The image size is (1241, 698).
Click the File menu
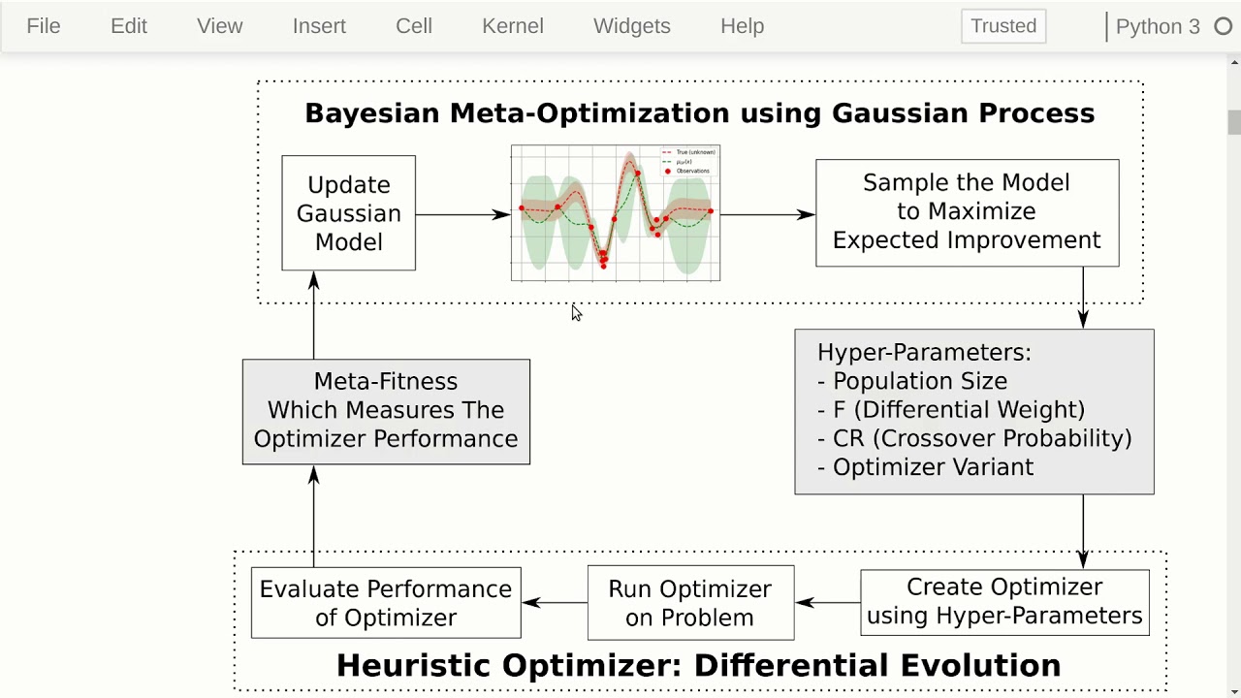pyautogui.click(x=44, y=26)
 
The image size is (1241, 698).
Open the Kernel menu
pyautogui.click(x=512, y=26)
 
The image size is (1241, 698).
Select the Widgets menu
pyautogui.click(x=631, y=26)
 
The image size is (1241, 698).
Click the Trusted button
pyautogui.click(x=1003, y=26)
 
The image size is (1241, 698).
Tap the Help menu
pyautogui.click(x=742, y=26)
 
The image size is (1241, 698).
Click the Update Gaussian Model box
pyautogui.click(x=348, y=213)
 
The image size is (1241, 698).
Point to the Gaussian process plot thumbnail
pyautogui.click(x=616, y=213)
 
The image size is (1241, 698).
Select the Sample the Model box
pyautogui.click(x=967, y=212)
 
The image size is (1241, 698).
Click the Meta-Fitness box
pyautogui.click(x=386, y=411)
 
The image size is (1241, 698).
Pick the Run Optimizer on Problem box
pyautogui.click(x=690, y=603)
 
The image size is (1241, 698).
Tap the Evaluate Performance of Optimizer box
pyautogui.click(x=386, y=603)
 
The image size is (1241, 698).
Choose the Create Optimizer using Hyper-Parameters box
pyautogui.click(x=1004, y=602)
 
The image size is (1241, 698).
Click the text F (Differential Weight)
pyautogui.click(x=958, y=410)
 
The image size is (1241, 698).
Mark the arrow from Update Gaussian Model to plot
pyautogui.click(x=462, y=214)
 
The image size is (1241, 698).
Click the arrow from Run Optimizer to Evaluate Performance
pyautogui.click(x=555, y=603)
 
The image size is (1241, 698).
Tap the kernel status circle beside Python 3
pyautogui.click(x=1224, y=27)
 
